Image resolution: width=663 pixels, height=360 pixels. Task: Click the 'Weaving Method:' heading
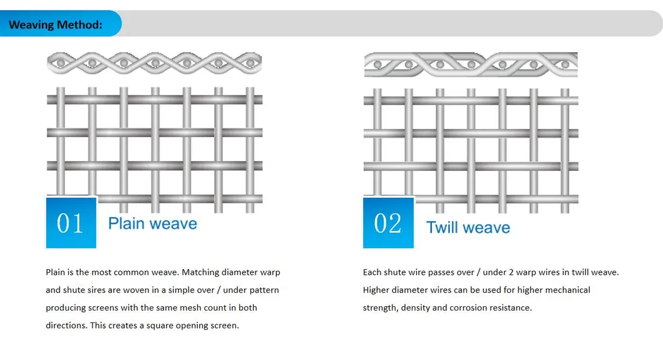click(x=55, y=25)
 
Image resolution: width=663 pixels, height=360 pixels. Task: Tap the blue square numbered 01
click(x=71, y=223)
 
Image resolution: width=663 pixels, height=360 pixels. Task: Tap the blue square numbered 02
click(x=388, y=223)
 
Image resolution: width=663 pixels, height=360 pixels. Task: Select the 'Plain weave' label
click(x=152, y=224)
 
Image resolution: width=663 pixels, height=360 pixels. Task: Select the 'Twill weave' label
click(x=468, y=227)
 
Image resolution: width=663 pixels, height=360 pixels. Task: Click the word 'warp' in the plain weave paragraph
click(x=270, y=272)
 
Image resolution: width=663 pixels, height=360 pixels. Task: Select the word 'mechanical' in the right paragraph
click(x=568, y=290)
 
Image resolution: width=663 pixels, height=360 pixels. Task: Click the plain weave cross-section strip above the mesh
click(x=154, y=63)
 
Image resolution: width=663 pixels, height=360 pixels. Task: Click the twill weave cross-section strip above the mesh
click(x=470, y=64)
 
